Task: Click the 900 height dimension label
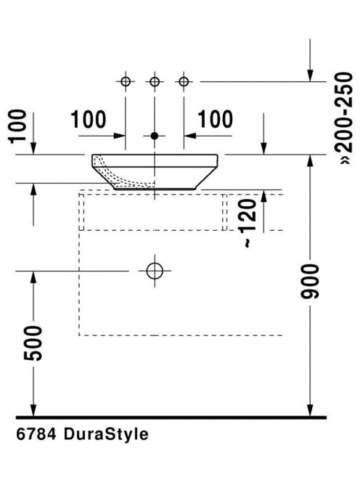pos(311,282)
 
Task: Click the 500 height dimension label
pos(33,343)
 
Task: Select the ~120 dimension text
pos(248,223)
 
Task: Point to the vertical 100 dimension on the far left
pos(18,126)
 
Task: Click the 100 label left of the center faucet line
pos(89,119)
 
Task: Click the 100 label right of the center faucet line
pos(215,119)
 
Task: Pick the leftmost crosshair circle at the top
pos(126,82)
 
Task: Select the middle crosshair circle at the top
pos(155,82)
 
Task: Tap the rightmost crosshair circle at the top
pos(184,82)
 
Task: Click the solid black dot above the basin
pos(155,136)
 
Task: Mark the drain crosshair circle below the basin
pos(155,271)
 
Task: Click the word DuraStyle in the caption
pos(107,434)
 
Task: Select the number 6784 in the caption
pos(36,434)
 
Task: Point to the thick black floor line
pos(171,417)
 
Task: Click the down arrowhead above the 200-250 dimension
pos(311,75)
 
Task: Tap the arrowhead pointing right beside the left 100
pos(119,136)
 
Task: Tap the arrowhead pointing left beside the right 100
pos(190,136)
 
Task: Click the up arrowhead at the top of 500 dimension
pos(33,277)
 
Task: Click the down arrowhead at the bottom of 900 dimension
pos(311,410)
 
